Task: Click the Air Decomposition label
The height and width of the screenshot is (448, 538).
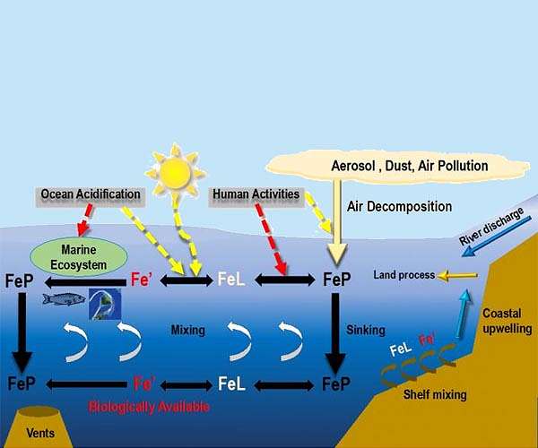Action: coord(399,206)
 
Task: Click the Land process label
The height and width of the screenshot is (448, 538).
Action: coord(404,275)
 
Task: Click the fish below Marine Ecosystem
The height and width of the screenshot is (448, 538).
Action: coord(64,298)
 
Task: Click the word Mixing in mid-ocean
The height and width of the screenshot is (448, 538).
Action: coord(188,330)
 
